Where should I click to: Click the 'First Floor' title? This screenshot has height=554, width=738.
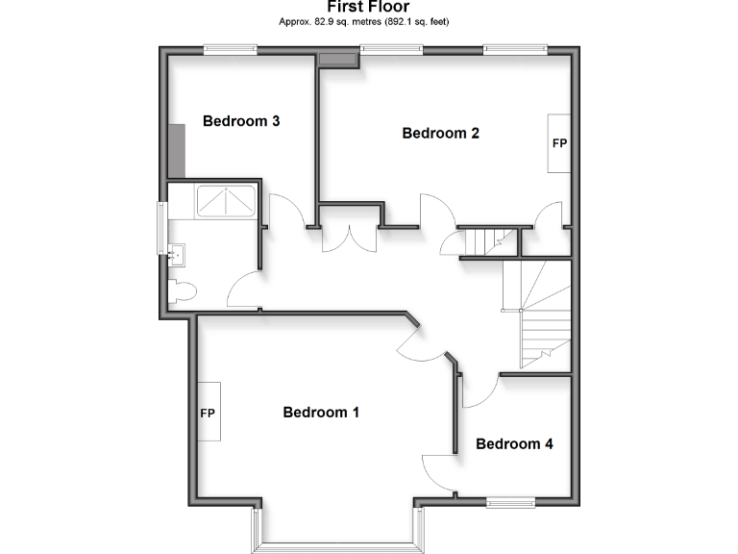pyautogui.click(x=368, y=7)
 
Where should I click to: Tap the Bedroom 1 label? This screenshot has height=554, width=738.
pyautogui.click(x=321, y=413)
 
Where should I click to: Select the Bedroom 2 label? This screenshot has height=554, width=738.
pyautogui.click(x=440, y=134)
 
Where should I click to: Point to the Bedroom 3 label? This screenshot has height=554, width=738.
pyautogui.click(x=241, y=121)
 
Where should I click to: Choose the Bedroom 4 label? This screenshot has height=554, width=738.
pyautogui.click(x=514, y=444)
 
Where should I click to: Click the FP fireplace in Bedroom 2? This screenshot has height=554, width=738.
pyautogui.click(x=559, y=143)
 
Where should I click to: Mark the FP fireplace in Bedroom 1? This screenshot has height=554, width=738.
pyautogui.click(x=207, y=413)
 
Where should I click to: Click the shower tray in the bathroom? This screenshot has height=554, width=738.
pyautogui.click(x=226, y=200)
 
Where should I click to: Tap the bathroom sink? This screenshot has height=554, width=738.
pyautogui.click(x=180, y=254)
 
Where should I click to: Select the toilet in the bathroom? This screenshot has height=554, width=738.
pyautogui.click(x=183, y=290)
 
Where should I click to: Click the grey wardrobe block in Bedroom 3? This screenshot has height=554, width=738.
pyautogui.click(x=176, y=151)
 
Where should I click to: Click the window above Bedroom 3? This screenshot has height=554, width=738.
pyautogui.click(x=230, y=48)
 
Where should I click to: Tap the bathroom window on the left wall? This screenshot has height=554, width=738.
pyautogui.click(x=161, y=228)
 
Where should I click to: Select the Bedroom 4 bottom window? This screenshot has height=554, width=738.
pyautogui.click(x=510, y=501)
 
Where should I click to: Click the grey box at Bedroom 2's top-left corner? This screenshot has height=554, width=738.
pyautogui.click(x=337, y=61)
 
